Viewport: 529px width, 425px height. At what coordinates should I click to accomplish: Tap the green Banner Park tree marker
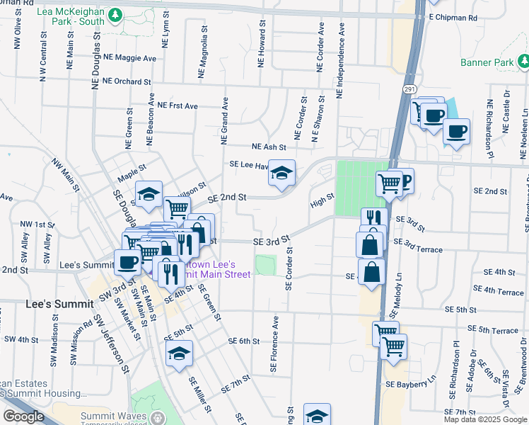tap(523, 63)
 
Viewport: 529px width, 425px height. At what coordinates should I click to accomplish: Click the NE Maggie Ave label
tap(129, 57)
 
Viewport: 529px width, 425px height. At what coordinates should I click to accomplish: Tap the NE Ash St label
tap(269, 147)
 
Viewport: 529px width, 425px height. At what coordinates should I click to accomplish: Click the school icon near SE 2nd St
tap(281, 173)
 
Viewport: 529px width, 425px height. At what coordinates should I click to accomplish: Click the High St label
tap(321, 203)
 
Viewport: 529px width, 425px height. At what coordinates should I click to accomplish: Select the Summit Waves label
tap(113, 416)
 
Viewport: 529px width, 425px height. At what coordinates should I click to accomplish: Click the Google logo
tap(23, 416)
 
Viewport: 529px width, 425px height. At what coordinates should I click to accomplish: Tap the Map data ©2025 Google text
tap(485, 419)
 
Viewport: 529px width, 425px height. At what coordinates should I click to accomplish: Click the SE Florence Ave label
tap(273, 345)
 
